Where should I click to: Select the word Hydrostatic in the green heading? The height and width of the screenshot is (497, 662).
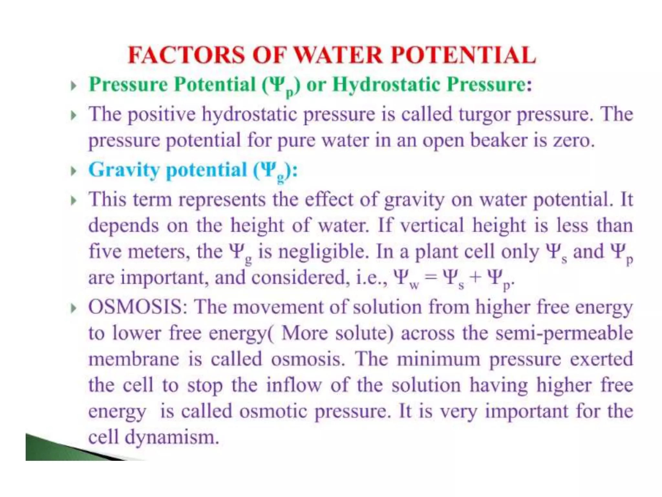386,85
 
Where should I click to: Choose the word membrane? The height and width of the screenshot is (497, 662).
133,359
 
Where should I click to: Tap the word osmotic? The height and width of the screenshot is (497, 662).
273,412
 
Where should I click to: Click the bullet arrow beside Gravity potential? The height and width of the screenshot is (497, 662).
74,171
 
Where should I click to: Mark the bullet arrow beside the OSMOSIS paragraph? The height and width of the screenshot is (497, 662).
74,308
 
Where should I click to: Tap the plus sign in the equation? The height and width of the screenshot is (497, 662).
475,278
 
